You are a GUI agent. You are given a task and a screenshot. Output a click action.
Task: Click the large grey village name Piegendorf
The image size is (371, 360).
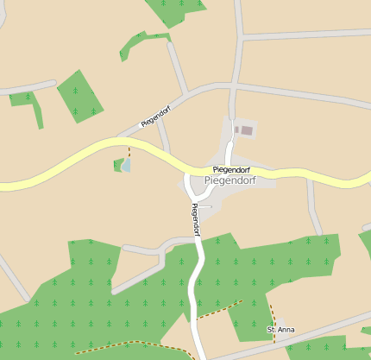(230, 180)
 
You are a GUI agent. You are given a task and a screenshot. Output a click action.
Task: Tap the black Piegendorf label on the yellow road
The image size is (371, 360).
(231, 169)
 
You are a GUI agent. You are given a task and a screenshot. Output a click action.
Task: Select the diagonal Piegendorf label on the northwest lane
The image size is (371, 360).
(154, 117)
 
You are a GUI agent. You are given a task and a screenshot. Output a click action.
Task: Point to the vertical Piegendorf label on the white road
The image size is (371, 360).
(196, 219)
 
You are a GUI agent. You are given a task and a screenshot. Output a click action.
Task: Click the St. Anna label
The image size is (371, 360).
(281, 330)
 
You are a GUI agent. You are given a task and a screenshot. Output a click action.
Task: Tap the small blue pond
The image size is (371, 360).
(127, 165)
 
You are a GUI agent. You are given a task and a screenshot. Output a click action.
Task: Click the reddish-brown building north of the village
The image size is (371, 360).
(247, 130)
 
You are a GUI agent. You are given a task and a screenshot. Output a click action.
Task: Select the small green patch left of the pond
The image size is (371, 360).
(117, 165)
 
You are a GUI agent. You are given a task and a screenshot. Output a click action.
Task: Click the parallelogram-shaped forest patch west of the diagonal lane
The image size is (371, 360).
(80, 95)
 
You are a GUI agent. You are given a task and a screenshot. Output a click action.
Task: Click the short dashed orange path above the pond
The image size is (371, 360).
(129, 150)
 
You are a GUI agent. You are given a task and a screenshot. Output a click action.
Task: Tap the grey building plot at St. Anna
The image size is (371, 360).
(281, 322)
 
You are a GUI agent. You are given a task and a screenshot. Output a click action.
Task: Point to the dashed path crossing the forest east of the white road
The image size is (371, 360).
(219, 310)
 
